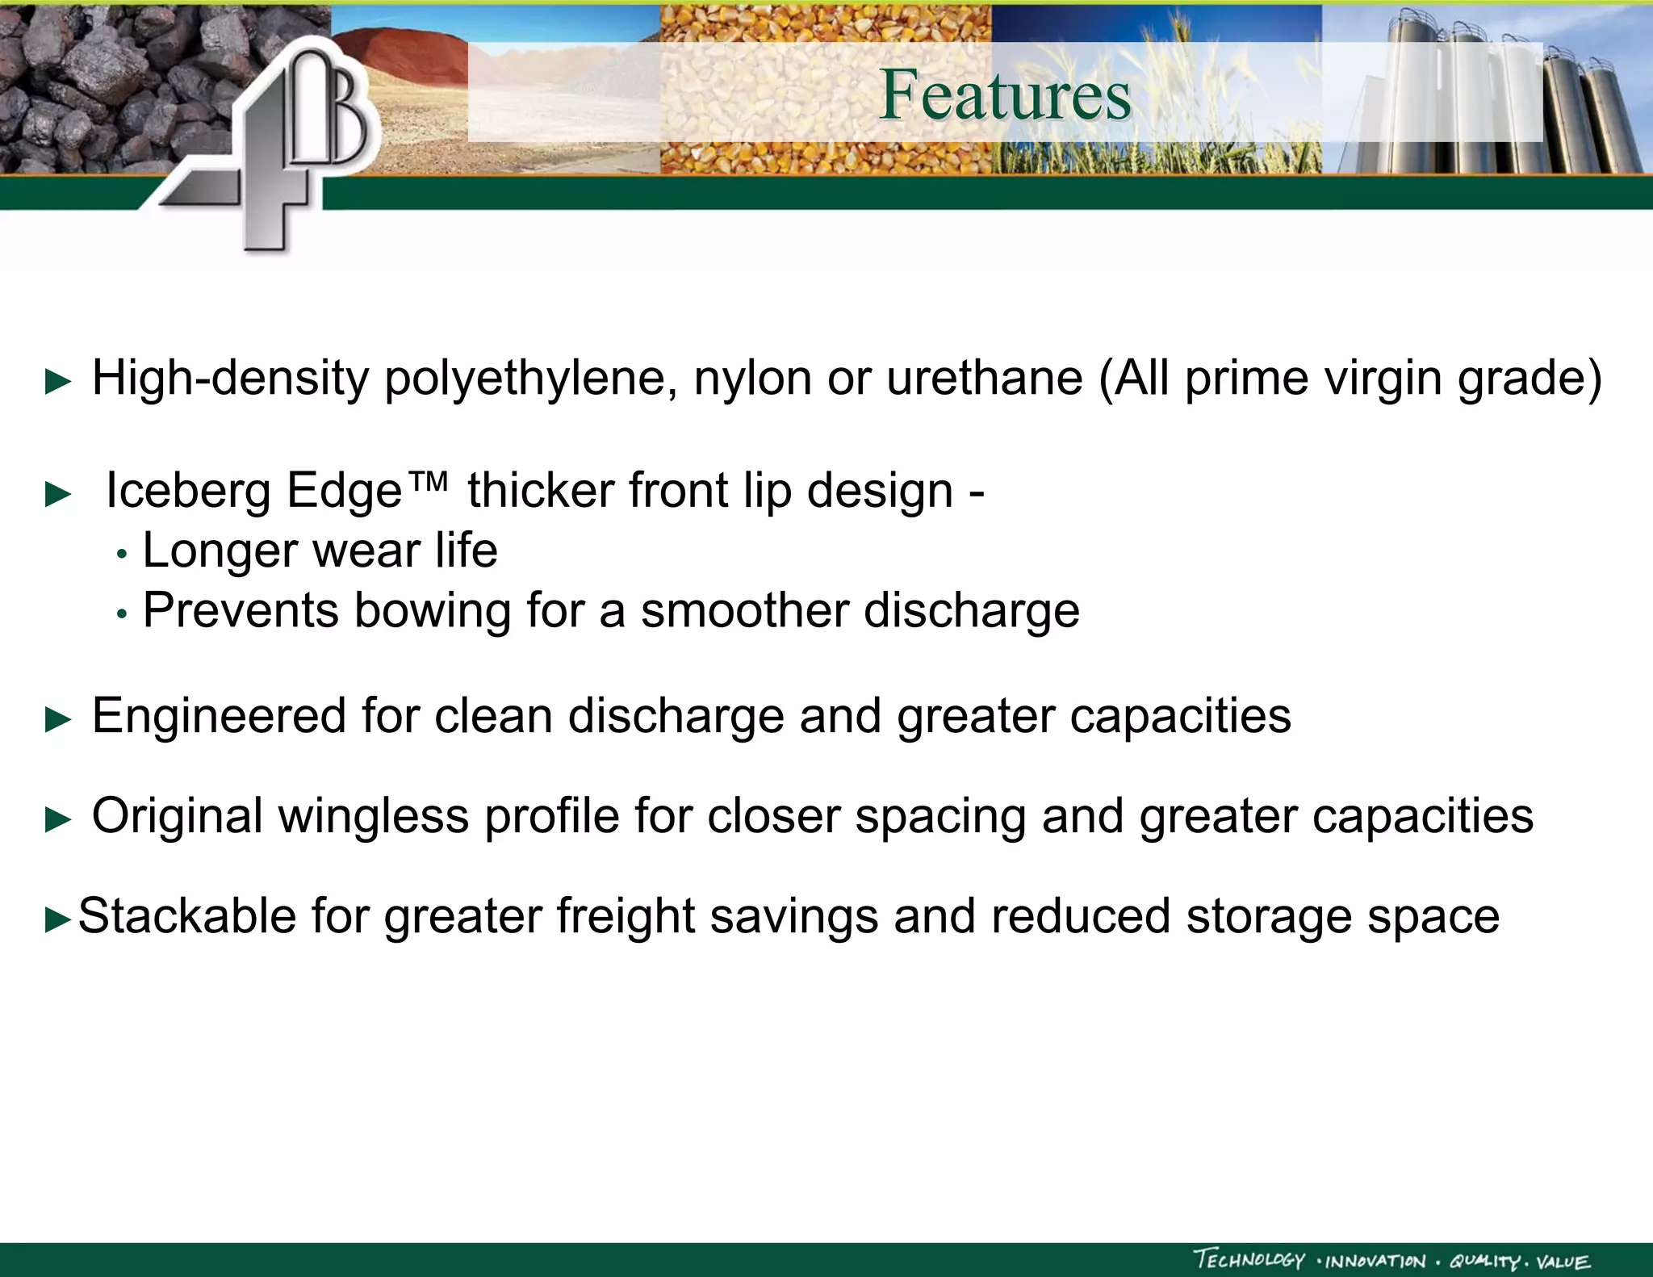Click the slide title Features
coord(1005,95)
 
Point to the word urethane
coord(984,378)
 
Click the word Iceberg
coord(188,491)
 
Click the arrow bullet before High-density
coord(58,381)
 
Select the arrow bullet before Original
coord(58,820)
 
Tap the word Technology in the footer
coord(1249,1260)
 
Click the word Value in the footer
coord(1563,1262)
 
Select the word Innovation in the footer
coord(1375,1262)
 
